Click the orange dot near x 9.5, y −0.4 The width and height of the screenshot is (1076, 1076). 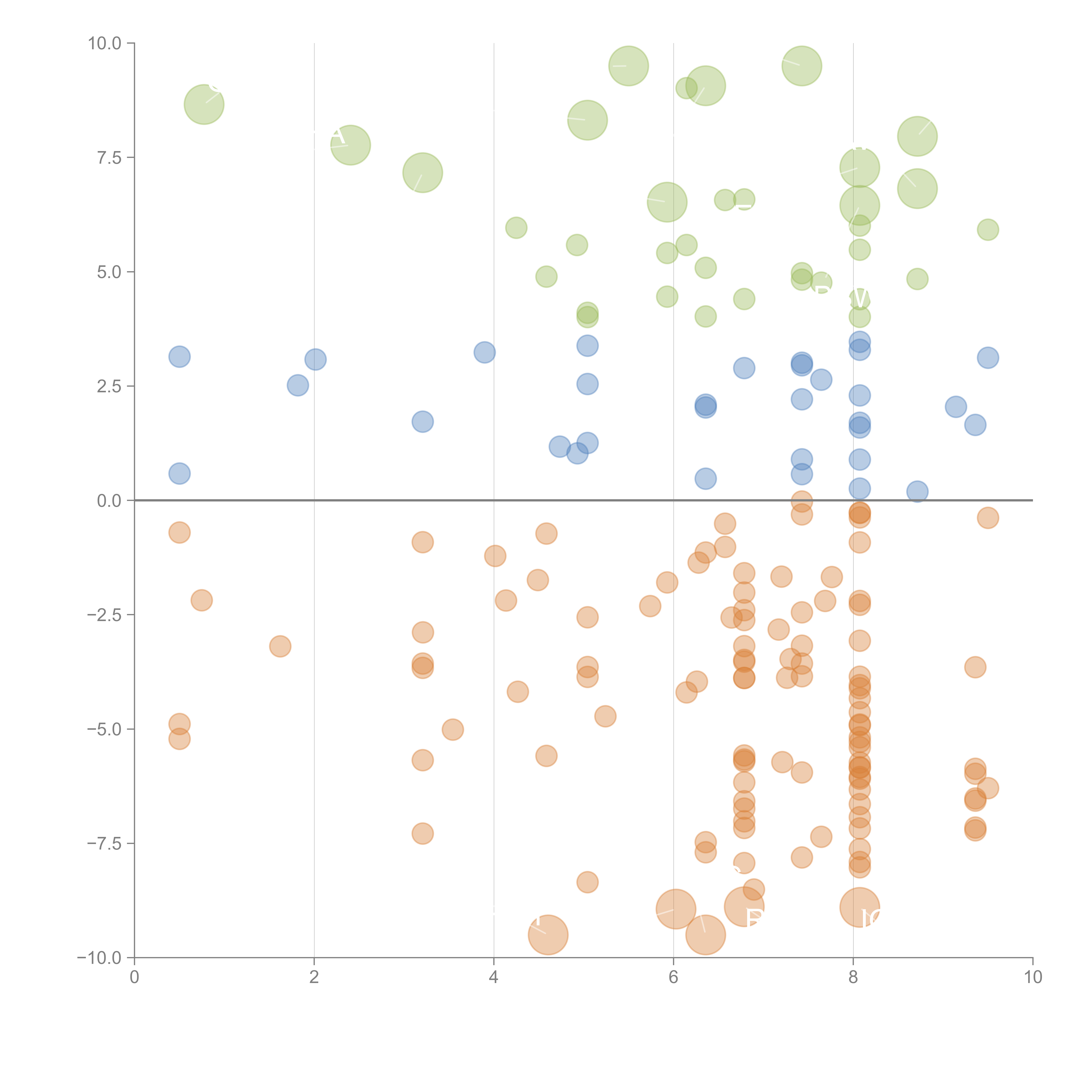pyautogui.click(x=988, y=518)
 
